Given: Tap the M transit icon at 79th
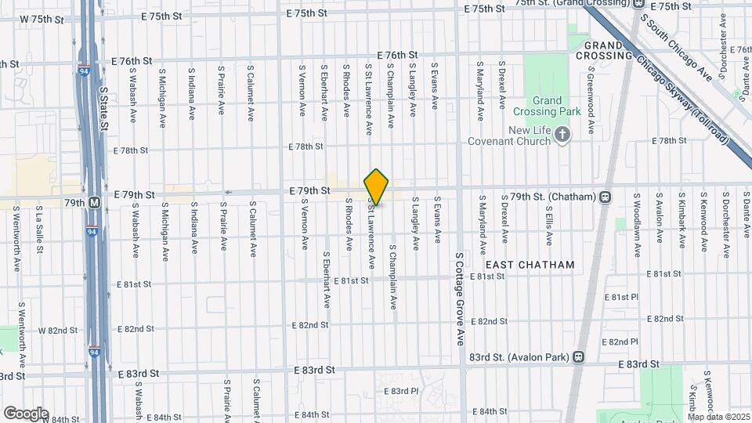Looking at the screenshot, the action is point(95,202).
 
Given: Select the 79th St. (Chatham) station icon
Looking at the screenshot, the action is point(605,197).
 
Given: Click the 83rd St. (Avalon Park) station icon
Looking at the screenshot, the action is point(578,357).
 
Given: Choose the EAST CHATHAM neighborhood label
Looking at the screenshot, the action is point(535,265).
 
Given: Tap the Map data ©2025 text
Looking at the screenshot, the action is point(718,416).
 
